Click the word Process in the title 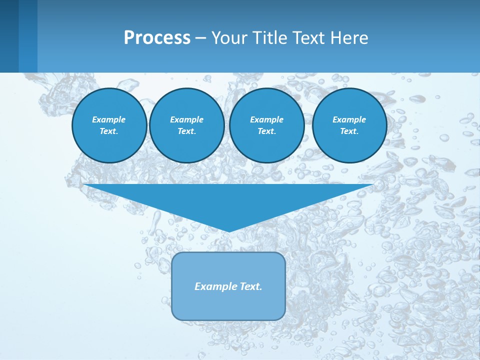pyautogui.click(x=157, y=38)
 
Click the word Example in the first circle pyautogui.click(x=109, y=119)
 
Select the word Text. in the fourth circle pyautogui.click(x=349, y=131)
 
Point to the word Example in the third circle pyautogui.click(x=267, y=119)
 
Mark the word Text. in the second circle pyautogui.click(x=187, y=131)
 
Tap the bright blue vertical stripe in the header pyautogui.click(x=28, y=36)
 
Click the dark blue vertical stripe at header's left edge pyautogui.click(x=9, y=36)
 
